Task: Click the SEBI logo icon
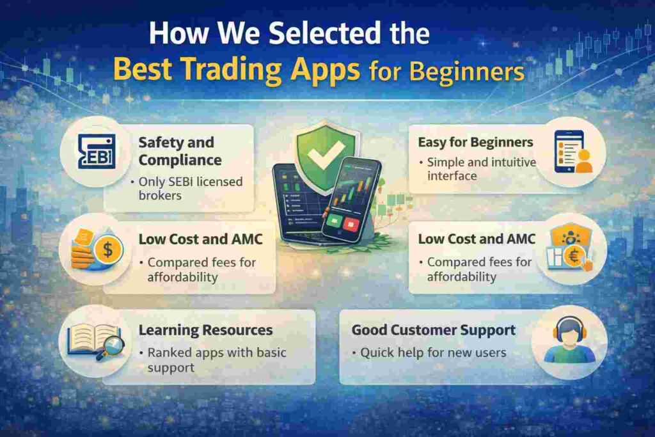pos(96,152)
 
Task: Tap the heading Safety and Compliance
pos(176,151)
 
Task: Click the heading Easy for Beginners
pos(475,142)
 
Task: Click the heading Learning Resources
pos(205,330)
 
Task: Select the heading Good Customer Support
pos(433,330)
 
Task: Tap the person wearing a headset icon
pos(569,342)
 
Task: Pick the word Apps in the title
pos(327,70)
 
